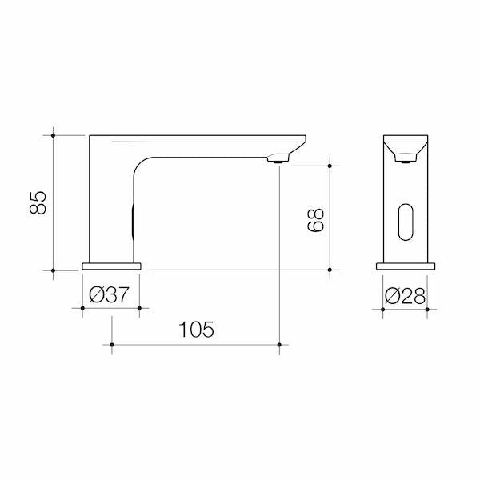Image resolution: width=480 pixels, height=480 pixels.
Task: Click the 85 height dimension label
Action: pos(37,202)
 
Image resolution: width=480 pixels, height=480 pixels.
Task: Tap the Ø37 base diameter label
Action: pos(110,294)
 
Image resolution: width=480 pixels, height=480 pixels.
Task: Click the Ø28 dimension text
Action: pos(405,294)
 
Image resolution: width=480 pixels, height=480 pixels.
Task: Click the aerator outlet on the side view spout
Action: pos(278,160)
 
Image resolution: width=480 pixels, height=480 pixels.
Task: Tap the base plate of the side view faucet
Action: pos(111,266)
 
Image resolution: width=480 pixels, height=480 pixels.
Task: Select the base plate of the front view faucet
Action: pos(405,266)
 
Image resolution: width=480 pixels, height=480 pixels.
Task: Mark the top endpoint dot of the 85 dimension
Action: pos(54,135)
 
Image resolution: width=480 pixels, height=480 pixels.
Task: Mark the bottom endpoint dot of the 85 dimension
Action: pos(54,270)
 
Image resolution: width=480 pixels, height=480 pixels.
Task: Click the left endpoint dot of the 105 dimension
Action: pos(111,346)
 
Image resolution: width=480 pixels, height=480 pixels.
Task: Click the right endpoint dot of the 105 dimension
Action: pos(278,346)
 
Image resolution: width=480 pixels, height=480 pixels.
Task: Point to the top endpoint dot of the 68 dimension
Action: pos(330,166)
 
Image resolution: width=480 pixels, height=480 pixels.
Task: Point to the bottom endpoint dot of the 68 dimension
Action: pos(330,270)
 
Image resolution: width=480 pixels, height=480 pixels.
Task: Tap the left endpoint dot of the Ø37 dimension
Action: pos(82,307)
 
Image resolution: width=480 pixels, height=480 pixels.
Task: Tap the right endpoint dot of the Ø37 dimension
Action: pos(140,307)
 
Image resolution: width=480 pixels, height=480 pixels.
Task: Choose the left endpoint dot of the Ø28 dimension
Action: pos(383,307)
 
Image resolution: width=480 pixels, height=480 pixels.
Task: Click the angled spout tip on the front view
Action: pos(405,148)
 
